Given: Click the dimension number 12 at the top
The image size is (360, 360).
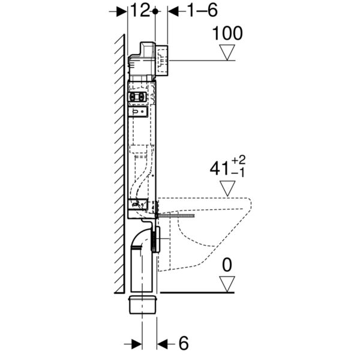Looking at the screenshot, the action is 140,10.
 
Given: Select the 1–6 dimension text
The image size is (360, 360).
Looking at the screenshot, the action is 203,11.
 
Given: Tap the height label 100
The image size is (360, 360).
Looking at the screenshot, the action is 227,33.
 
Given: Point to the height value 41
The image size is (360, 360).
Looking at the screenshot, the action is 219,169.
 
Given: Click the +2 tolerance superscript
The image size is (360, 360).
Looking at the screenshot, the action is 239,160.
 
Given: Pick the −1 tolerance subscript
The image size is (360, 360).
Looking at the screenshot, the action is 238,173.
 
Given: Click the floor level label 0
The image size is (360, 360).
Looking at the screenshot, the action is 227,265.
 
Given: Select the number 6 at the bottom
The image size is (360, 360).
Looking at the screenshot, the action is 184,343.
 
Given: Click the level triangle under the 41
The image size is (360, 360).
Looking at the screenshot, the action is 227,188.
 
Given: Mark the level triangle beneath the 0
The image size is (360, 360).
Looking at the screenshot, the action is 227,284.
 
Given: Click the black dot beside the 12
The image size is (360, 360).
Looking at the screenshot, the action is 155,11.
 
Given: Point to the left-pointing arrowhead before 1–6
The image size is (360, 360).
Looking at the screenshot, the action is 173,11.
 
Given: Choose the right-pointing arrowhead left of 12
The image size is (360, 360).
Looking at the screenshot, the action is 121,11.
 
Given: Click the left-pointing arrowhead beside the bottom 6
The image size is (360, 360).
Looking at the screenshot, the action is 163,344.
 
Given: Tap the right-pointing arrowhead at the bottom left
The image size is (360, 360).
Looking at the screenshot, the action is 136,344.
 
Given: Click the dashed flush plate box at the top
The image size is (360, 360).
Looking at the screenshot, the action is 162,60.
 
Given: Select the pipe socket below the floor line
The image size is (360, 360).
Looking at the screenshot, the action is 143,305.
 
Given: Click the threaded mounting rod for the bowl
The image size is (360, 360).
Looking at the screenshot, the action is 176,216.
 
